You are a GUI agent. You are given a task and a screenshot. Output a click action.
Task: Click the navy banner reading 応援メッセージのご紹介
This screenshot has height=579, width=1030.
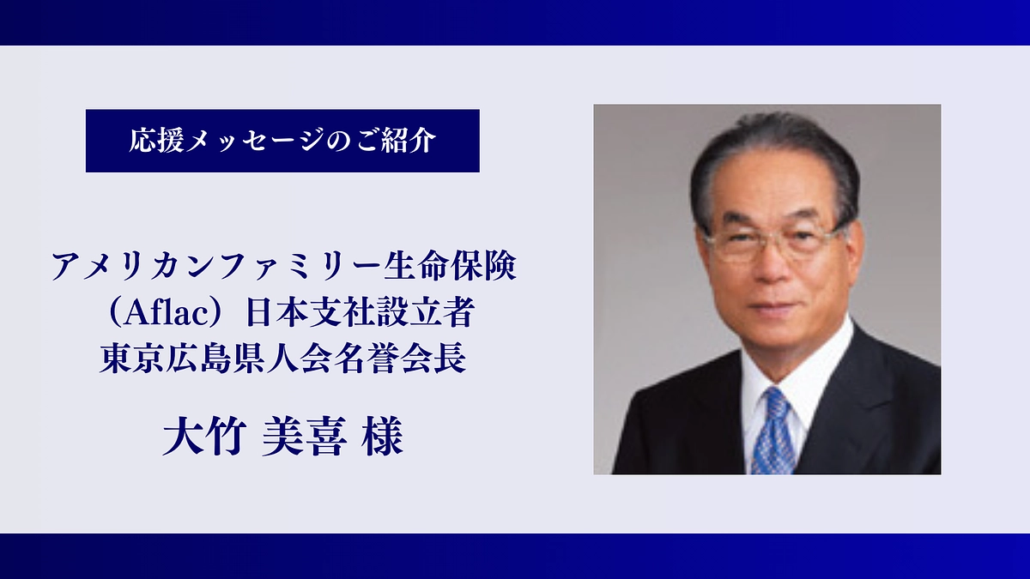pyautogui.click(x=282, y=141)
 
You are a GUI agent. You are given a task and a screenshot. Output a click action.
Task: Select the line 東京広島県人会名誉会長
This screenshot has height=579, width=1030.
pyautogui.click(x=282, y=359)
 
